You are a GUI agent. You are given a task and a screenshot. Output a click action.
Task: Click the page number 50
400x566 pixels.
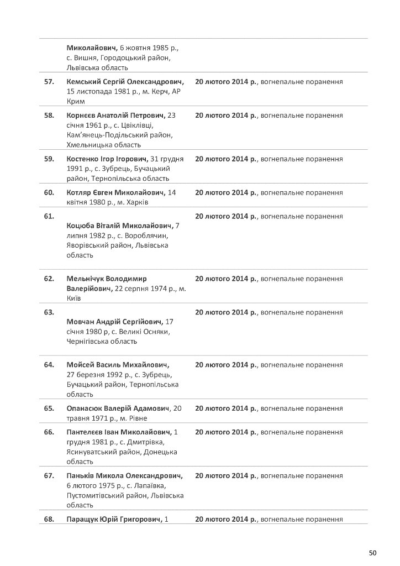coord(372,553)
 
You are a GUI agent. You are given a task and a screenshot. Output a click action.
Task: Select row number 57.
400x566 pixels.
coord(49,82)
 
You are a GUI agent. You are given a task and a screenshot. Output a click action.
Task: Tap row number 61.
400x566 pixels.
coord(49,216)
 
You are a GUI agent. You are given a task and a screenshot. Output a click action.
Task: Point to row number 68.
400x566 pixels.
coord(49,519)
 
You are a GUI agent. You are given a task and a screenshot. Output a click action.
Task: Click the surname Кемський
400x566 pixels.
coord(83,82)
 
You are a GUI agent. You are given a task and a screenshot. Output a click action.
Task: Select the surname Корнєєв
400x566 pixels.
coord(82,116)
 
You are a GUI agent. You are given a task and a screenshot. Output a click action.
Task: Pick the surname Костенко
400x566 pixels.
coord(83,159)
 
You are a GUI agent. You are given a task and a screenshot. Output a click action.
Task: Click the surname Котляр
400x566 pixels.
coord(80,193)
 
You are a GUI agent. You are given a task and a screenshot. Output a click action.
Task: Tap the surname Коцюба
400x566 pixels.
coord(81,226)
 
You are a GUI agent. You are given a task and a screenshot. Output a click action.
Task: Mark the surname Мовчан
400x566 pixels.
coord(81,322)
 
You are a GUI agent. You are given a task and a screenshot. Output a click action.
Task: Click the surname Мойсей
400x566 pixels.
coord(80,365)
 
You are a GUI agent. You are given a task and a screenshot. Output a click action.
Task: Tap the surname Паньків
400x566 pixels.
coord(81,475)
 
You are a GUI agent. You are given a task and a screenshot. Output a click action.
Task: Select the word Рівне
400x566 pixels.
coord(136,418)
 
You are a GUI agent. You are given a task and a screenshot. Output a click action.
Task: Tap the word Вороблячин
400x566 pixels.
coord(148,236)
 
